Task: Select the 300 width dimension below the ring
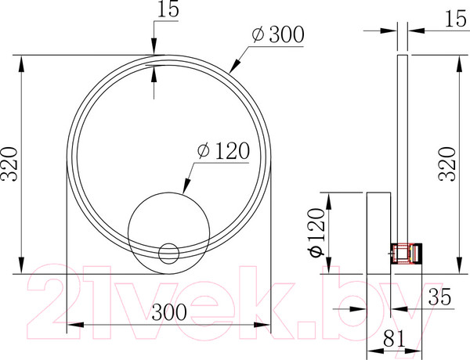(169, 312)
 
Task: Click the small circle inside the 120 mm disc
(168, 252)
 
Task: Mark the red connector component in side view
(406, 253)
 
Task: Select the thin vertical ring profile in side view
(403, 149)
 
